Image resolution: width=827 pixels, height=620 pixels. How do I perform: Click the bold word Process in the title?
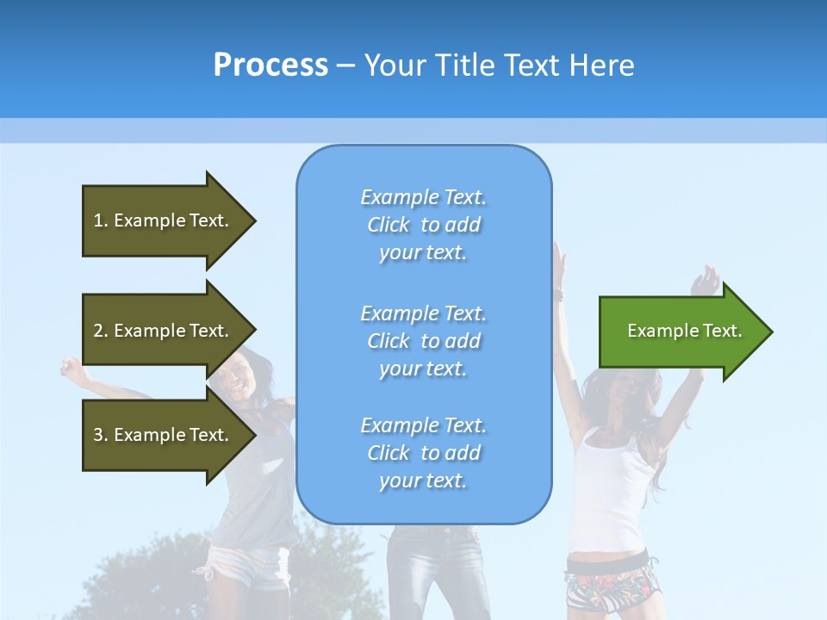[270, 65]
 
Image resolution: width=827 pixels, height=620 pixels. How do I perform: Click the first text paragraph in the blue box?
[423, 225]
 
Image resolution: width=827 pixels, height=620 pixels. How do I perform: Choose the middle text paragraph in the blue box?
[423, 341]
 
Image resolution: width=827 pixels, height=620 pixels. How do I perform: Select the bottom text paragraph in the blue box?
[423, 453]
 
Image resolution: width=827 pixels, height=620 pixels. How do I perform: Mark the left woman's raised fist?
[69, 369]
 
